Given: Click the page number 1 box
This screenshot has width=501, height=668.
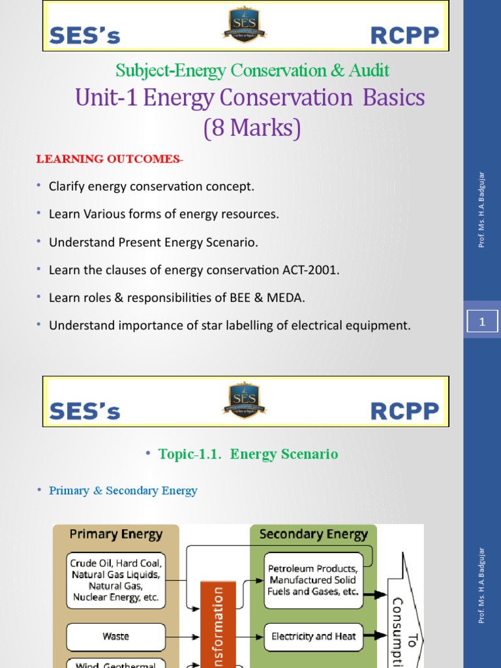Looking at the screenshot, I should (482, 322).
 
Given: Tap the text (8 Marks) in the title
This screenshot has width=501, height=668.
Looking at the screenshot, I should (252, 127).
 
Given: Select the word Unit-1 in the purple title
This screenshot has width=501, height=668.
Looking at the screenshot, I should (106, 98).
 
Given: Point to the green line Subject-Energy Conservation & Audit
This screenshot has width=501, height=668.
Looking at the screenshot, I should (252, 70).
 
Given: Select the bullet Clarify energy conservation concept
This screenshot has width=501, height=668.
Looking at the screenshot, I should (151, 187).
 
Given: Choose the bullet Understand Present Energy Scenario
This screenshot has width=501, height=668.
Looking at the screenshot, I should (153, 243).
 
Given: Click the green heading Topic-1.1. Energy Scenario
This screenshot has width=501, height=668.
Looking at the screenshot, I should (248, 454).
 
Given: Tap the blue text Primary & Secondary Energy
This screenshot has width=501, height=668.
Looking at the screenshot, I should (123, 491).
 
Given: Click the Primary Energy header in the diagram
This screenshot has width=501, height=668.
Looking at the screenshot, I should (115, 534).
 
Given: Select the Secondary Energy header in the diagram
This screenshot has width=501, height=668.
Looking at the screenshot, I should (313, 534).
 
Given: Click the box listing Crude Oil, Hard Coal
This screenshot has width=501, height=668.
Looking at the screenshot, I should (115, 579).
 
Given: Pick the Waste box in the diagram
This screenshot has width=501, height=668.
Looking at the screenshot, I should (115, 636).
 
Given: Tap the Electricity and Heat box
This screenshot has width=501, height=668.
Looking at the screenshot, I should (314, 636).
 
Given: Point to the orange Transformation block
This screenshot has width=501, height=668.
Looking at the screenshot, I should (218, 626).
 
